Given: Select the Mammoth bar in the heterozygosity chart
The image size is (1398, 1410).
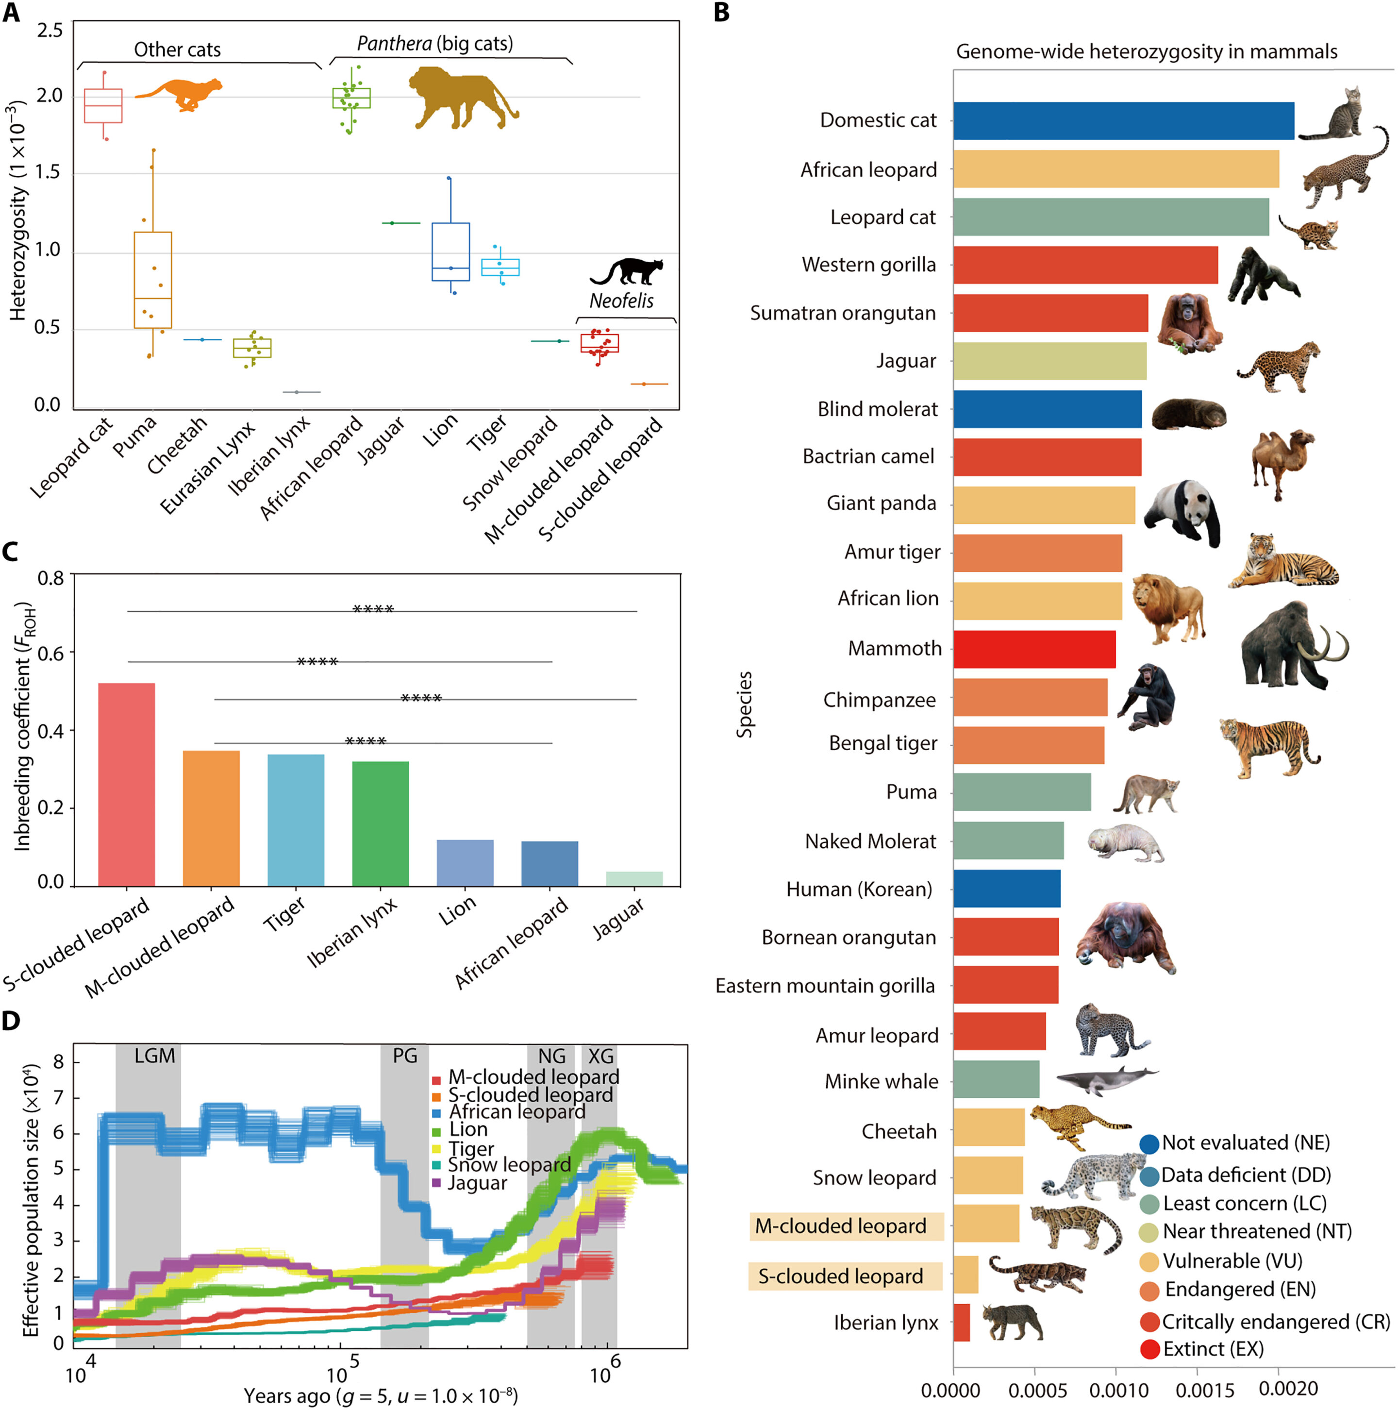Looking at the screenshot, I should pos(1034,649).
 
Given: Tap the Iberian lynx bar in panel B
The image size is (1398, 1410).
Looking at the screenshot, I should pos(961,1323).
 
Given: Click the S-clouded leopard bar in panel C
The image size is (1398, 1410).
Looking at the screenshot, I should pos(126,785).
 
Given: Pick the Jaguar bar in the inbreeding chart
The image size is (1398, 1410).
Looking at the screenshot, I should pos(634,879).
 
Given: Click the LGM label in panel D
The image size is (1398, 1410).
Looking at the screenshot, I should pos(155,1056).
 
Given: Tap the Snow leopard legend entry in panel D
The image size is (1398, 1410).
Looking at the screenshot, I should pos(509,1165).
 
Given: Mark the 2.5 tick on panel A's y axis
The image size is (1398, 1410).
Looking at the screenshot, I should pos(50,31).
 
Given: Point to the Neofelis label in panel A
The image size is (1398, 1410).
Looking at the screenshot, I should pos(621,301).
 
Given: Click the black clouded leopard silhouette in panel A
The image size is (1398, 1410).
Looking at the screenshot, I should pos(628,271).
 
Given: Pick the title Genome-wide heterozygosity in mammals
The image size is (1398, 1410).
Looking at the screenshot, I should pos(1146,52).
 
